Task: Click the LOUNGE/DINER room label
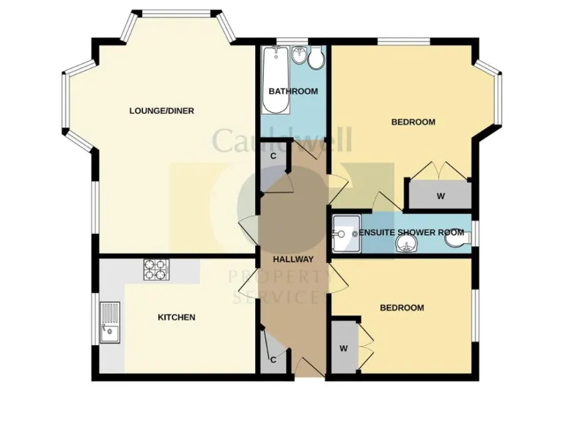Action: (x=161, y=111)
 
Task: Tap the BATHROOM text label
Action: (x=293, y=92)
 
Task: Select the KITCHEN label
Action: (x=177, y=317)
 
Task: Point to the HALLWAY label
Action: (x=293, y=259)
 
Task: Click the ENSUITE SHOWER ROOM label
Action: (x=402, y=232)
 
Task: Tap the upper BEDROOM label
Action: (x=413, y=122)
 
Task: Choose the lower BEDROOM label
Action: (x=402, y=308)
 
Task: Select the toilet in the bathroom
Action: (x=317, y=59)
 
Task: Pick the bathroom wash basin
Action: (x=299, y=56)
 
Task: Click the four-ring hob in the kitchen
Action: (x=155, y=270)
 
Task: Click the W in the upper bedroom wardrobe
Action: (x=441, y=196)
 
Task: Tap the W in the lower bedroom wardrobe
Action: (x=343, y=349)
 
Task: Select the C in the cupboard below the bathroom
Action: (x=273, y=156)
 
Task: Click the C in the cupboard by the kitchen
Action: (x=273, y=360)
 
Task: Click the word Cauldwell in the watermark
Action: (x=282, y=139)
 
